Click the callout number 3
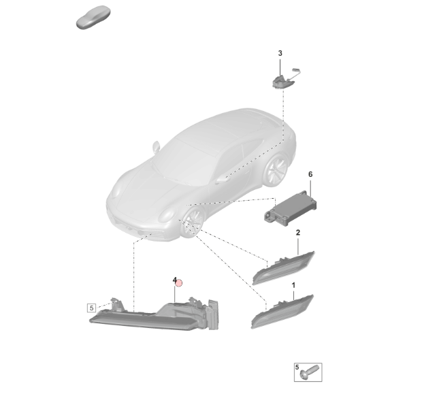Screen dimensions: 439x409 pyautogui.click(x=280, y=53)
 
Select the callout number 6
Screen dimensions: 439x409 pyautogui.click(x=310, y=174)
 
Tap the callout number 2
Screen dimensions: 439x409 pyautogui.click(x=298, y=232)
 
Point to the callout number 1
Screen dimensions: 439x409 pyautogui.click(x=293, y=285)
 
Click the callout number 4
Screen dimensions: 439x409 pyautogui.click(x=174, y=280)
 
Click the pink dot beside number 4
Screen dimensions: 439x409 pyautogui.click(x=178, y=283)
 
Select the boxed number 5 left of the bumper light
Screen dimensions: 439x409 pyautogui.click(x=92, y=308)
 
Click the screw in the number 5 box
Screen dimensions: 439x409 pyautogui.click(x=310, y=372)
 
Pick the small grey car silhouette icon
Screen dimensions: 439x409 pyautogui.click(x=93, y=17)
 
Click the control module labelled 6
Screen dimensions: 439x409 pyautogui.click(x=291, y=208)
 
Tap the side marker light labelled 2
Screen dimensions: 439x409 pyautogui.click(x=283, y=267)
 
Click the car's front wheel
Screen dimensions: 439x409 pyautogui.click(x=193, y=223)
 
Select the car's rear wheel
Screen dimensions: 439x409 pyautogui.click(x=276, y=170)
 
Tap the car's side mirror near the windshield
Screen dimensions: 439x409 pyautogui.click(x=156, y=147)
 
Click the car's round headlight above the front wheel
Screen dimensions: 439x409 pyautogui.click(x=167, y=215)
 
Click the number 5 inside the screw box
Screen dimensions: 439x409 pyautogui.click(x=297, y=367)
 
